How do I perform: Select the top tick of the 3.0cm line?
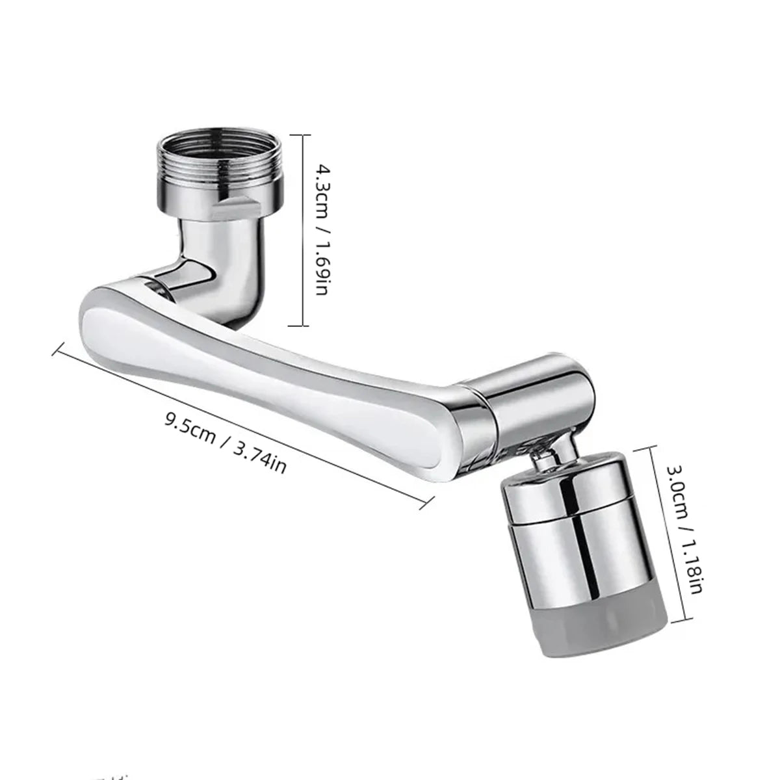coord(663,447)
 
